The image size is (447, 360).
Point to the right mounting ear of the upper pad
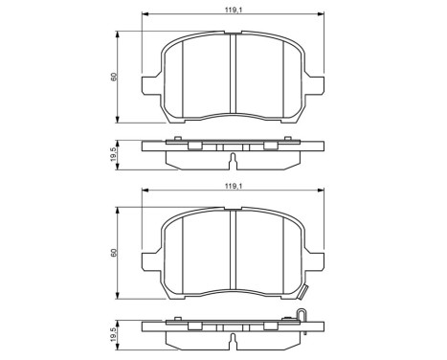320,85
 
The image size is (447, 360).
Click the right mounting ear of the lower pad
320,260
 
